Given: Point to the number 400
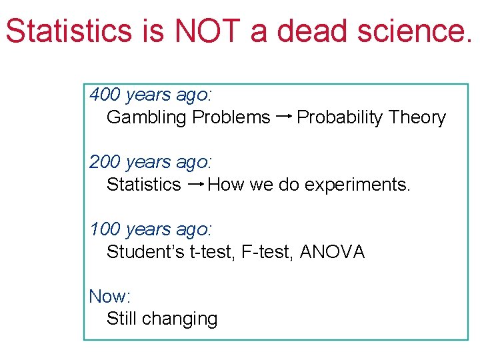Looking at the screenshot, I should (x=105, y=95).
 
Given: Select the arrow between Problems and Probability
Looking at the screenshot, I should (x=283, y=117).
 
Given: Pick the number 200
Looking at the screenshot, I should (x=105, y=162).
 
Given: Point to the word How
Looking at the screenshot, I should (x=226, y=185).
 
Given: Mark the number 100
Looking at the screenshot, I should (x=105, y=229).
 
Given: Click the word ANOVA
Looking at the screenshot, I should (x=333, y=252).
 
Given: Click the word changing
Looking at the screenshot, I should (x=179, y=319).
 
